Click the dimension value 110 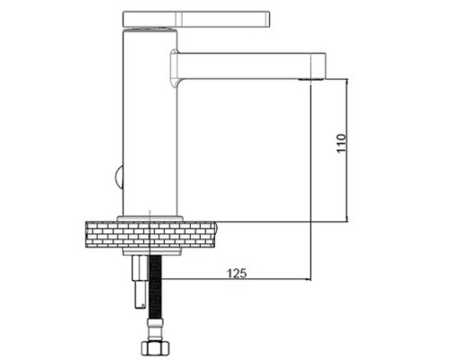[x=341, y=143]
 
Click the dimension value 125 [x=237, y=274]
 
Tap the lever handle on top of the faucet [x=196, y=19]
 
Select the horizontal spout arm [x=249, y=66]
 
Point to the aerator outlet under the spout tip [x=311, y=79]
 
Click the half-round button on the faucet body [x=119, y=177]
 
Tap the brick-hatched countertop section [x=150, y=235]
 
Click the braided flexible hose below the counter [x=156, y=287]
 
